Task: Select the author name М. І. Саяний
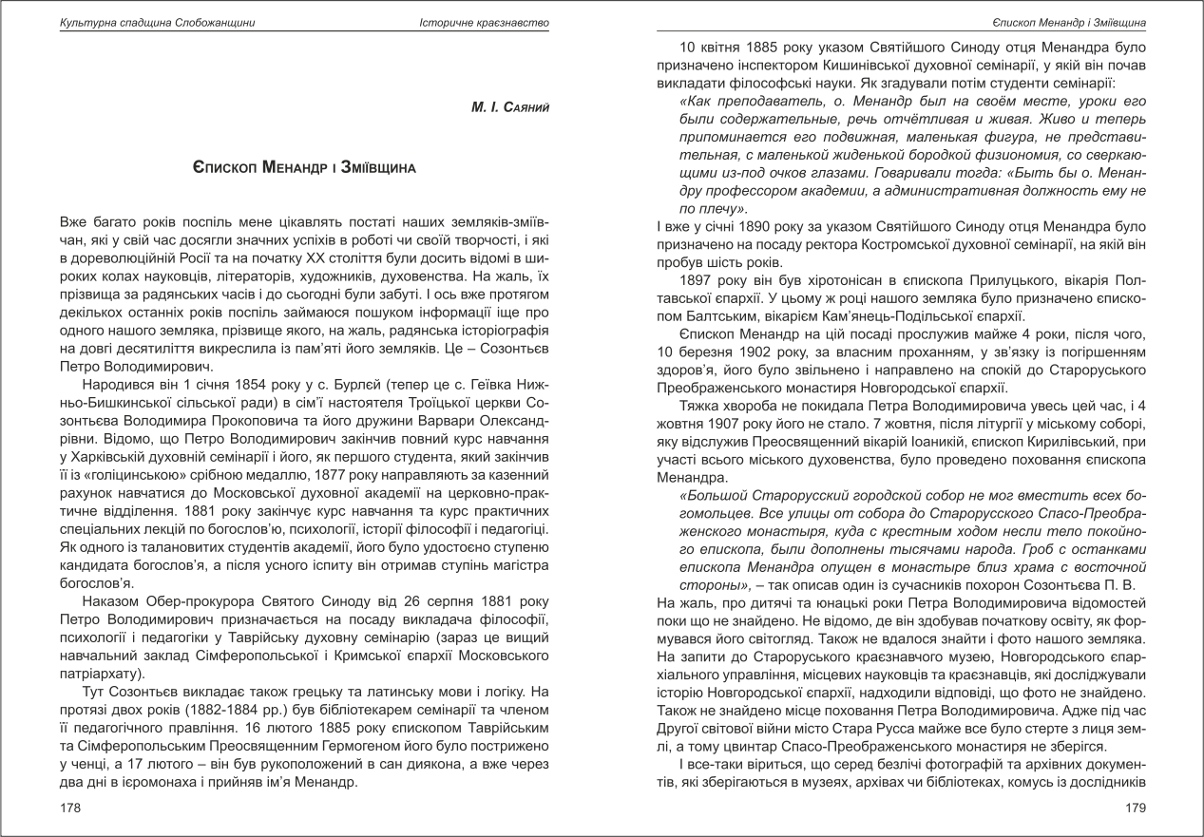[x=510, y=109]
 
